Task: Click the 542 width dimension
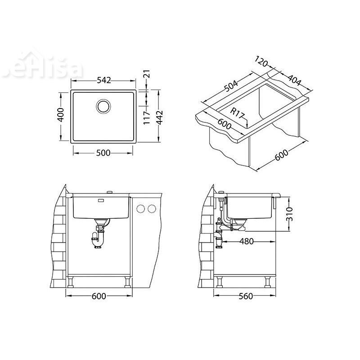coord(103,81)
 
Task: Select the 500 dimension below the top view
coord(103,153)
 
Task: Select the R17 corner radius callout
coord(238,113)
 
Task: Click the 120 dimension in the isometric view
coord(264,62)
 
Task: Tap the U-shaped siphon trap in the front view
coord(98,239)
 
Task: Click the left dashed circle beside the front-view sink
coord(141,208)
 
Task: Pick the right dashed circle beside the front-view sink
coord(152,208)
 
